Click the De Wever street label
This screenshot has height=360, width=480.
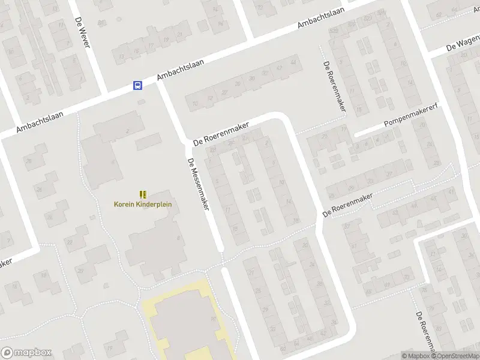coord(82,32)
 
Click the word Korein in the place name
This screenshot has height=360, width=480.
coord(125,204)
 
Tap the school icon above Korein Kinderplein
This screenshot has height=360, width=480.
coord(143,194)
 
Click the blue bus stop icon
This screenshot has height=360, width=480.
coord(137,85)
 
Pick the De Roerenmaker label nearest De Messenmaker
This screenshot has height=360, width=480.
coord(220,133)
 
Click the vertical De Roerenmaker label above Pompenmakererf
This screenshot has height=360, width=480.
coord(335,86)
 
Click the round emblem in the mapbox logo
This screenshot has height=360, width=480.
coord(8,353)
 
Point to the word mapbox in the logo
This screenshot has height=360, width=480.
coord(33,353)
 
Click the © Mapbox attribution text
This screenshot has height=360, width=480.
coord(415,356)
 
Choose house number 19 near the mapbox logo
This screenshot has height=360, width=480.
coord(109,348)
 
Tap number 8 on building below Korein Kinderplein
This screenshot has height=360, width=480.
coord(179,238)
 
